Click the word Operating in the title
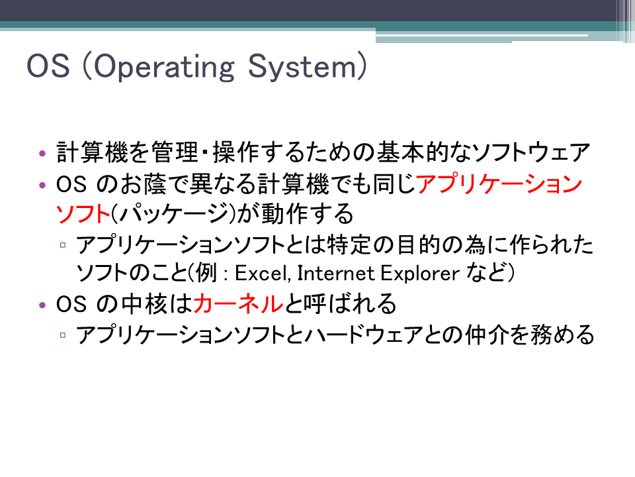(164, 66)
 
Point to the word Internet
(336, 273)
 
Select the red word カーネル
(238, 303)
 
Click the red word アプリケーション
(499, 184)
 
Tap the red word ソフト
(83, 213)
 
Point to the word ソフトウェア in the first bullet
(530, 152)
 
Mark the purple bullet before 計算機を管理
(42, 153)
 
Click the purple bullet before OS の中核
(42, 305)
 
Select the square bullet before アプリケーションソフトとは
(63, 245)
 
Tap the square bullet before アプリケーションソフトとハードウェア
(63, 335)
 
